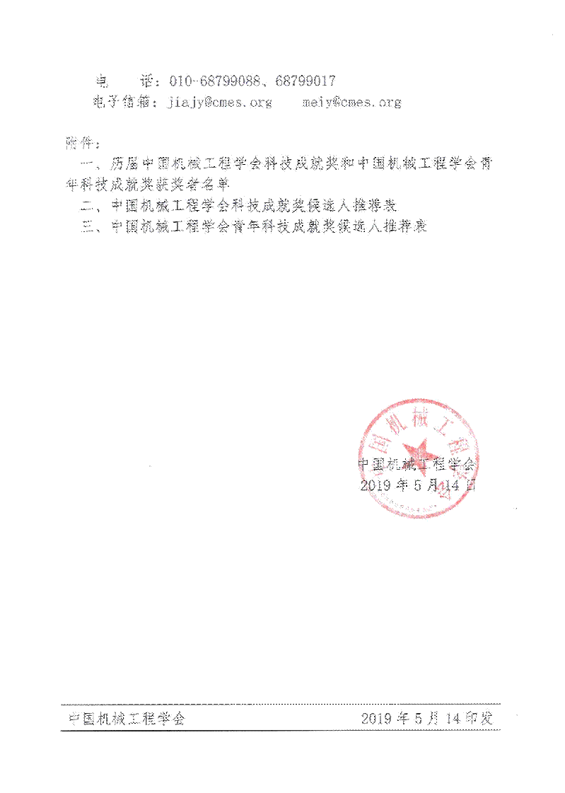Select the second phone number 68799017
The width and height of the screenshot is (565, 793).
[305, 81]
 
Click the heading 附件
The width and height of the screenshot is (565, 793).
[77, 143]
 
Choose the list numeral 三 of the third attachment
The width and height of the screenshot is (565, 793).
[88, 228]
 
